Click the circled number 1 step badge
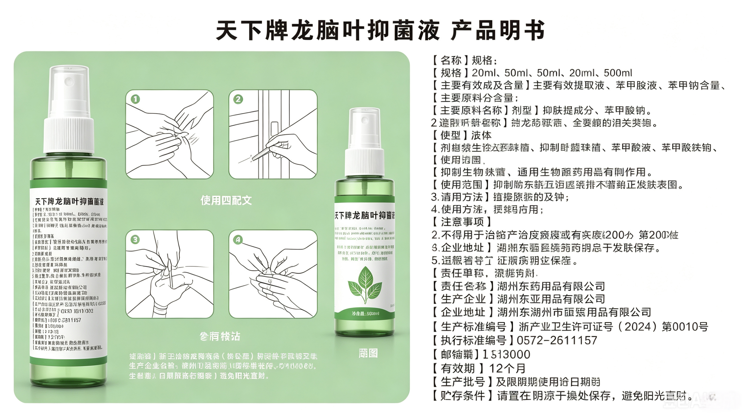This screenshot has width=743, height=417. (135, 99)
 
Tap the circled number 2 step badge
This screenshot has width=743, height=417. (238, 99)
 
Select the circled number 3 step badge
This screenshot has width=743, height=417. (135, 239)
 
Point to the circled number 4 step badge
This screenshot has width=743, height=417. (238, 239)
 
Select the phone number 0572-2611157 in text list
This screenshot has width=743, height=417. (557, 341)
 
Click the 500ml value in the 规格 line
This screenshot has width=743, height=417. (618, 73)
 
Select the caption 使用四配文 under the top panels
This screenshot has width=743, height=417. (226, 200)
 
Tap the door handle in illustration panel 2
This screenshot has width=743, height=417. (274, 129)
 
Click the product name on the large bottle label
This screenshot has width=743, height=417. (69, 201)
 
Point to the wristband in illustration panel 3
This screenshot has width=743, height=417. (160, 310)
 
